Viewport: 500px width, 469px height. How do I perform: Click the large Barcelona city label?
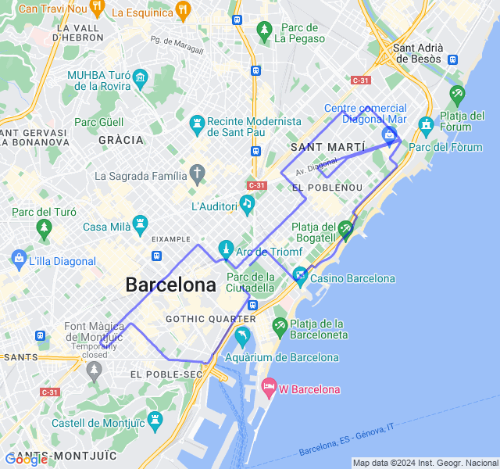[170, 285]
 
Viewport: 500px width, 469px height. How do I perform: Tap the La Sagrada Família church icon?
[198, 174]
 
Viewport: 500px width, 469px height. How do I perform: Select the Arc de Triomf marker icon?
[226, 250]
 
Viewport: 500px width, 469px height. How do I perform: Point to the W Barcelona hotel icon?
[269, 387]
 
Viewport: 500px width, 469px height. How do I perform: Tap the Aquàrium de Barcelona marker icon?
[242, 337]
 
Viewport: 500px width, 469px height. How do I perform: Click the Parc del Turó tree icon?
[44, 229]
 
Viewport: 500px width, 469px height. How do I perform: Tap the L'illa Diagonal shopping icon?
[18, 257]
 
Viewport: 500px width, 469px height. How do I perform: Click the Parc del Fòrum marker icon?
[426, 124]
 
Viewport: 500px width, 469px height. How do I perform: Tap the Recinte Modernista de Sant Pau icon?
[197, 124]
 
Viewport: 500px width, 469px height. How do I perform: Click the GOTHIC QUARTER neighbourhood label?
[211, 319]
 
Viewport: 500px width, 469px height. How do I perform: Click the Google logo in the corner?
[27, 459]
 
